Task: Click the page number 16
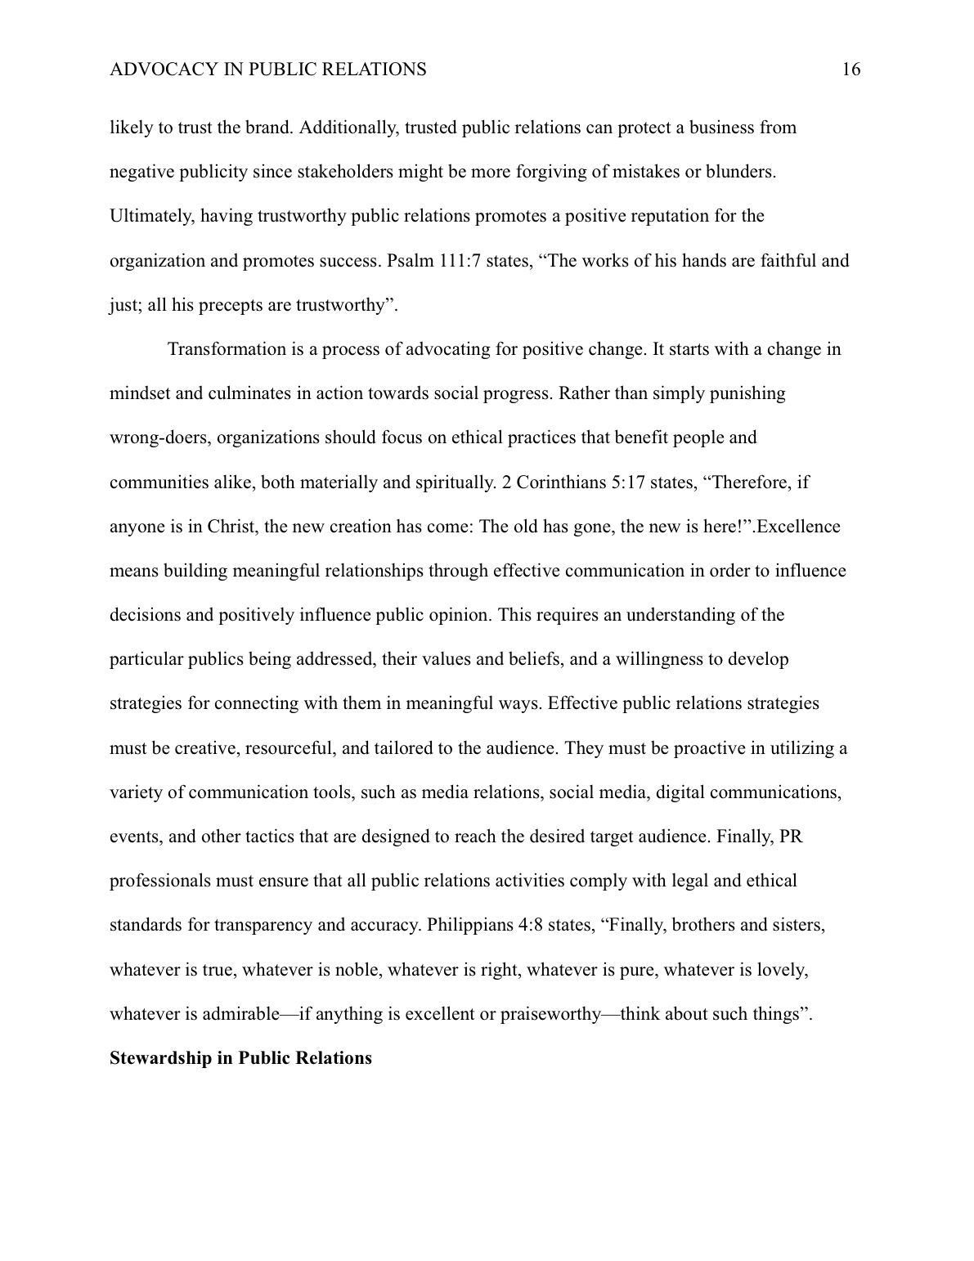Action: point(851,70)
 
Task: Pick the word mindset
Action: point(140,393)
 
